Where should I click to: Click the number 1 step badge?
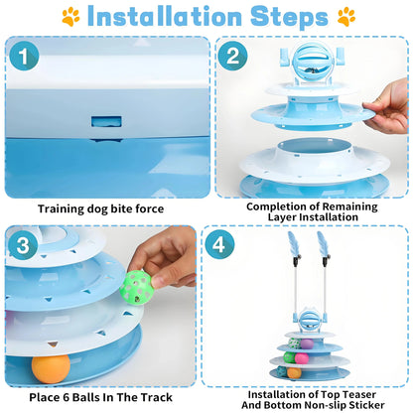point(24,56)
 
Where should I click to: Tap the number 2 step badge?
point(232,56)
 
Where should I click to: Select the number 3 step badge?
point(23,245)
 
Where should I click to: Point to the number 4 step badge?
point(219,245)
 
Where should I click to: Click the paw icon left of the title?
point(70,17)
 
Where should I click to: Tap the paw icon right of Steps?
point(346,17)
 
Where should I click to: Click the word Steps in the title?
point(289,17)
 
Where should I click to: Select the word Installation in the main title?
point(165,16)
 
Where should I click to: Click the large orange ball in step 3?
point(51,368)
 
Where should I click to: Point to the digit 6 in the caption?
point(66,397)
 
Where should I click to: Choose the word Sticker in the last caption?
point(367,405)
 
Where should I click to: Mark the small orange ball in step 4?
point(294,373)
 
